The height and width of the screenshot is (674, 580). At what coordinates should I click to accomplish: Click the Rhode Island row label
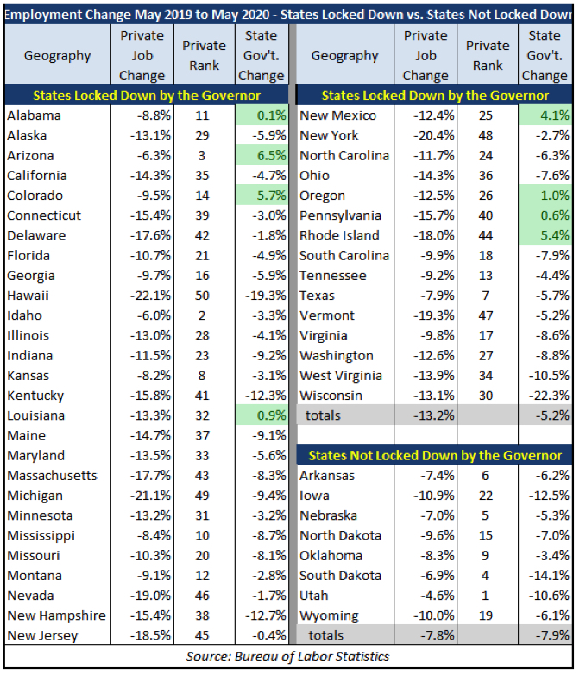click(339, 235)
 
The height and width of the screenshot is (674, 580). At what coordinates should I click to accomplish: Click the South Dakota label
click(340, 576)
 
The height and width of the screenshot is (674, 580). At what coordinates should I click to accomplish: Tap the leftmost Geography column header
click(57, 55)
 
